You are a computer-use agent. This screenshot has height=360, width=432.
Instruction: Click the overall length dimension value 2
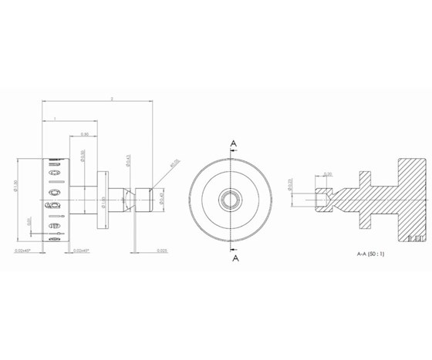click(x=113, y=99)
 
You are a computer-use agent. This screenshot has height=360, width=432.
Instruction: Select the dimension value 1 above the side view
click(x=56, y=118)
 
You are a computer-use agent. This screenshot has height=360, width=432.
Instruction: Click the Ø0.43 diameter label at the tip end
click(x=160, y=200)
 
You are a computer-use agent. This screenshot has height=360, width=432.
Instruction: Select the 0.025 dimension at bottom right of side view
click(x=162, y=251)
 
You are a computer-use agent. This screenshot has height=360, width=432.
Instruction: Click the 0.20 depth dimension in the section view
click(x=327, y=174)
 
